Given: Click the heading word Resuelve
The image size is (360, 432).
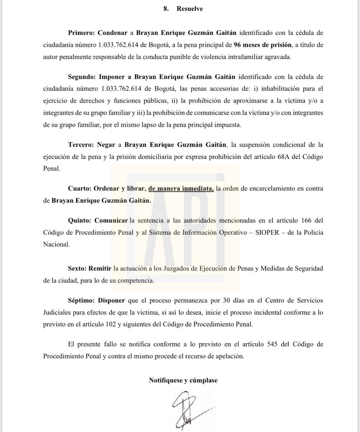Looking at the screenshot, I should [x=189, y=9].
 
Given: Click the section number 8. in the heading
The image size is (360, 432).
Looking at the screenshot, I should [x=166, y=9].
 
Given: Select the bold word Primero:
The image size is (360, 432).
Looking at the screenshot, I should [x=81, y=33].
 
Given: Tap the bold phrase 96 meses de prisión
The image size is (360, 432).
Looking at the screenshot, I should [x=263, y=45].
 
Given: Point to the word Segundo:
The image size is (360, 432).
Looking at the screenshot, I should [x=82, y=77].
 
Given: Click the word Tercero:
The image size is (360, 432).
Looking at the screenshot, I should [x=81, y=145].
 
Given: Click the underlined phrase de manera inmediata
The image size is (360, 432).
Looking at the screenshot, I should [x=181, y=188].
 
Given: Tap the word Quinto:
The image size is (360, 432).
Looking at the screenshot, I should [x=80, y=220].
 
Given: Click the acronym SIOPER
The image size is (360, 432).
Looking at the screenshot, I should [x=267, y=233].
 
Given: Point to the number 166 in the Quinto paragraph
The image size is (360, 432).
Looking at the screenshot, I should [x=303, y=220].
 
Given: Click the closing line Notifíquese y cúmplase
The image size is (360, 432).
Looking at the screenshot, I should [x=183, y=380].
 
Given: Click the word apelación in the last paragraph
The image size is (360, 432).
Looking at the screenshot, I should [x=229, y=356].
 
